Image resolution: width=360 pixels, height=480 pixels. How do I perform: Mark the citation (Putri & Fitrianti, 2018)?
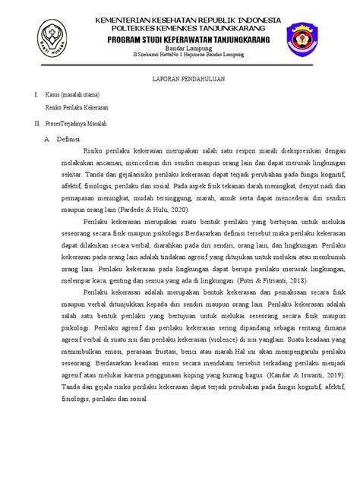click(273, 279)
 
